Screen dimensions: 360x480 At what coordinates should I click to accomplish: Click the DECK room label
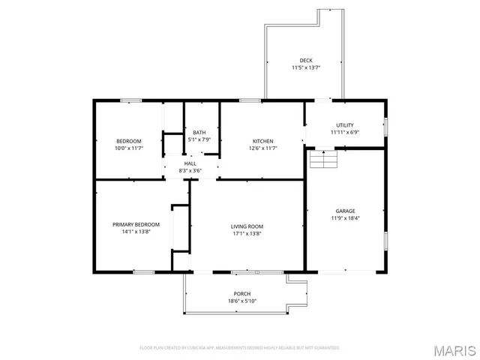click(305, 60)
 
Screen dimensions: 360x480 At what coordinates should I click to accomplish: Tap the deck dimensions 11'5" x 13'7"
click(305, 67)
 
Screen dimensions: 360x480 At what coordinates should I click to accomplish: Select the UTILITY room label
click(345, 125)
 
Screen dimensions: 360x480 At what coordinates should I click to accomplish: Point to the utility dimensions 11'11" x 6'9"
click(345, 133)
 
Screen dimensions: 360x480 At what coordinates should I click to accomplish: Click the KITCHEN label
click(262, 141)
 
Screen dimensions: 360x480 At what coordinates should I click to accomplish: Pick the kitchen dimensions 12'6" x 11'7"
click(262, 148)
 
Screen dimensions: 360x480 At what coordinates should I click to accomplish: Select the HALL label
click(190, 163)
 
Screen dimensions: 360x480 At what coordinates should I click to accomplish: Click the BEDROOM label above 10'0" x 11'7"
click(128, 141)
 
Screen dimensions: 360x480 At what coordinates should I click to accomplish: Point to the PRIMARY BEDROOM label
click(136, 224)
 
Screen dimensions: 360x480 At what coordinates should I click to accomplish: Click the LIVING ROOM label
click(246, 226)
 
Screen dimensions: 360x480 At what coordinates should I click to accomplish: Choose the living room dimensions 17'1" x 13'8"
click(246, 233)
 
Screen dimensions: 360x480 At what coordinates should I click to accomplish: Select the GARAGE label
click(345, 211)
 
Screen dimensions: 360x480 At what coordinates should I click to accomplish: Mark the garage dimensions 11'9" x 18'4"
click(345, 218)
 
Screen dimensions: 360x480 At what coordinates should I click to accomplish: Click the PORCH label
click(241, 293)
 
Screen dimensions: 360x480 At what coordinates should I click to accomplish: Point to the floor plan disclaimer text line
click(240, 347)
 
